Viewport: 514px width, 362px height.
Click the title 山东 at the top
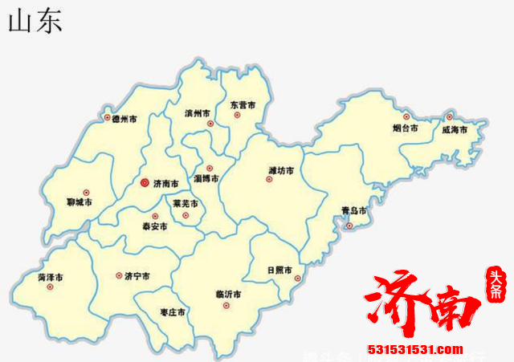[x=35, y=21]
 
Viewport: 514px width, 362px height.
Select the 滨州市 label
[x=198, y=112]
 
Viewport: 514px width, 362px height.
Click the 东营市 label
[x=242, y=105]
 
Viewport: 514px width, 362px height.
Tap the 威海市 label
[x=455, y=129]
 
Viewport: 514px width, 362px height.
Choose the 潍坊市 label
[x=281, y=170]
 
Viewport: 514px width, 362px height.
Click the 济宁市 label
[x=137, y=276]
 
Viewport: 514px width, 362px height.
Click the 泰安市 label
[x=154, y=227]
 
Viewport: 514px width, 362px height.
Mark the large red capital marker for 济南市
[x=144, y=183]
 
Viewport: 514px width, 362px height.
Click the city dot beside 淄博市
[x=210, y=168]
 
